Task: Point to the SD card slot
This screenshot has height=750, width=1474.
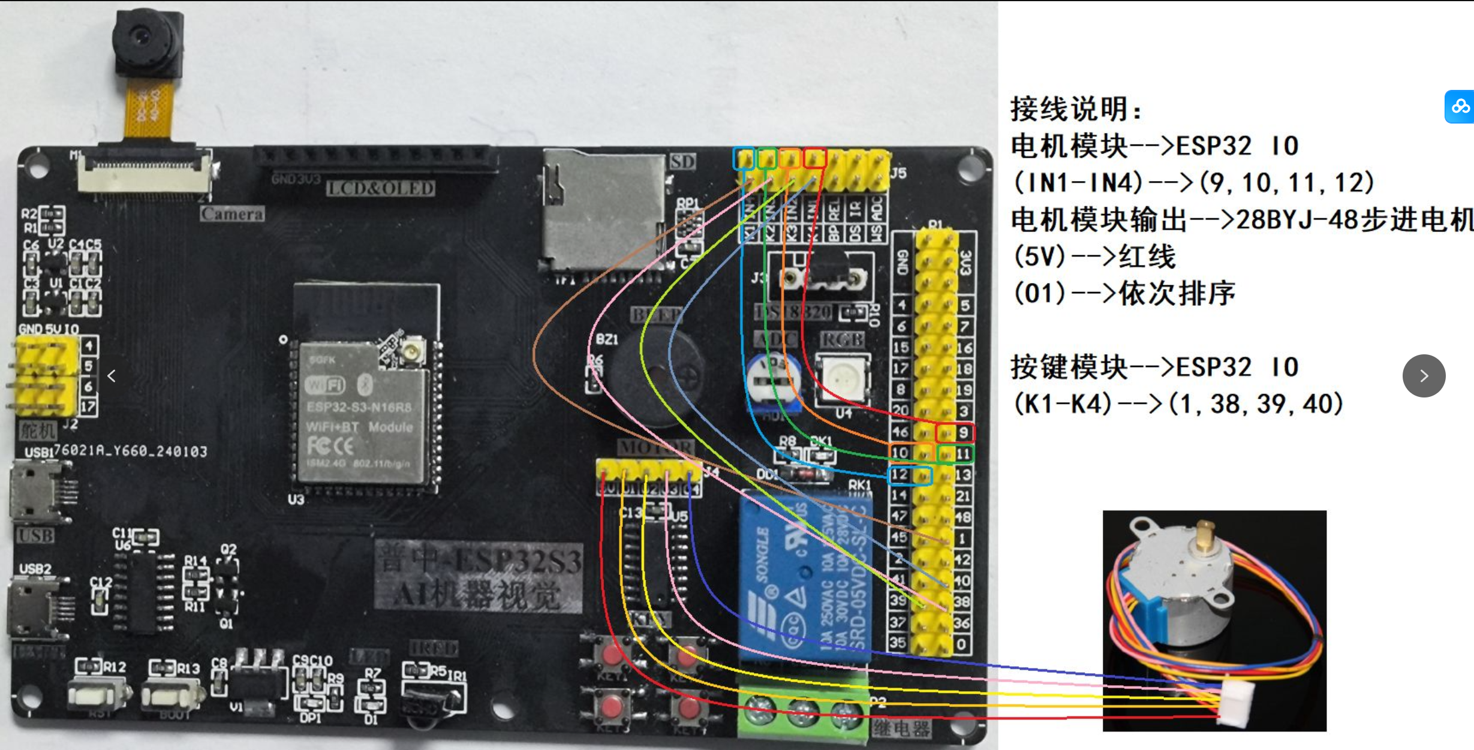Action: [x=603, y=210]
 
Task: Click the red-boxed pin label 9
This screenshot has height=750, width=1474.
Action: [x=963, y=432]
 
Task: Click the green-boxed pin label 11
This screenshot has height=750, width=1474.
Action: [x=963, y=454]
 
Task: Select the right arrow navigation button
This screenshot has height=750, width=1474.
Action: [x=1424, y=376]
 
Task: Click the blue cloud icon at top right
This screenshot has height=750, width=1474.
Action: [x=1460, y=107]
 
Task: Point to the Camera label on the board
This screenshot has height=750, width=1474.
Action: [x=232, y=214]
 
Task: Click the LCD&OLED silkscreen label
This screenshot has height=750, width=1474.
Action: [x=381, y=188]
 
